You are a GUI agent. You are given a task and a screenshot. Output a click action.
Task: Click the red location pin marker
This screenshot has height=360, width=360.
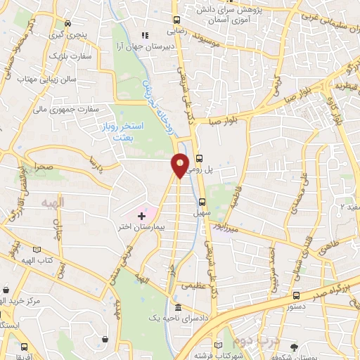pos(180,165)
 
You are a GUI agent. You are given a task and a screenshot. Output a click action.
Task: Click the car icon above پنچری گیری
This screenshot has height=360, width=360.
pos(67,22)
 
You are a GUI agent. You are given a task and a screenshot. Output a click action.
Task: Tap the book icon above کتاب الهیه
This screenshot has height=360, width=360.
pos(36,250)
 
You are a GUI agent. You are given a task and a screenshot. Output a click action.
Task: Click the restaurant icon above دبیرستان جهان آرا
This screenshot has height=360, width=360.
pos(146,35)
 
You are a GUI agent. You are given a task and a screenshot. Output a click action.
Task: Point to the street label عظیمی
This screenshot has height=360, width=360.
pos(195,285)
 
